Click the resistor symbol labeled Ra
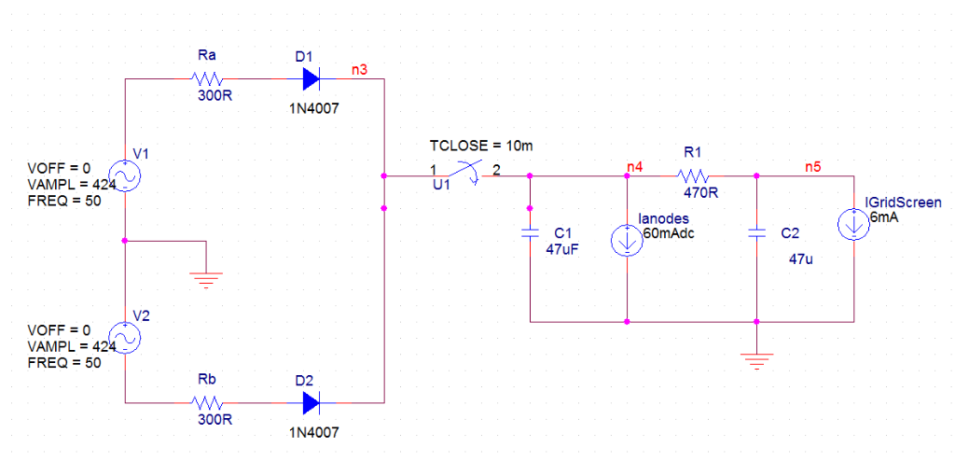(206, 78)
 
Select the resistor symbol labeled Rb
(206, 403)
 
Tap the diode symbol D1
(308, 78)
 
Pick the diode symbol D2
(308, 403)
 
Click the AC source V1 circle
(124, 175)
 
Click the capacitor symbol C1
(530, 232)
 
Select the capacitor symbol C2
(757, 232)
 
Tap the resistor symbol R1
(693, 175)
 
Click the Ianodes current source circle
(626, 241)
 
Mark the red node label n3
(359, 69)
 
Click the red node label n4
(635, 166)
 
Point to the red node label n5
(813, 166)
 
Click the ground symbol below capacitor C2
(757, 359)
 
